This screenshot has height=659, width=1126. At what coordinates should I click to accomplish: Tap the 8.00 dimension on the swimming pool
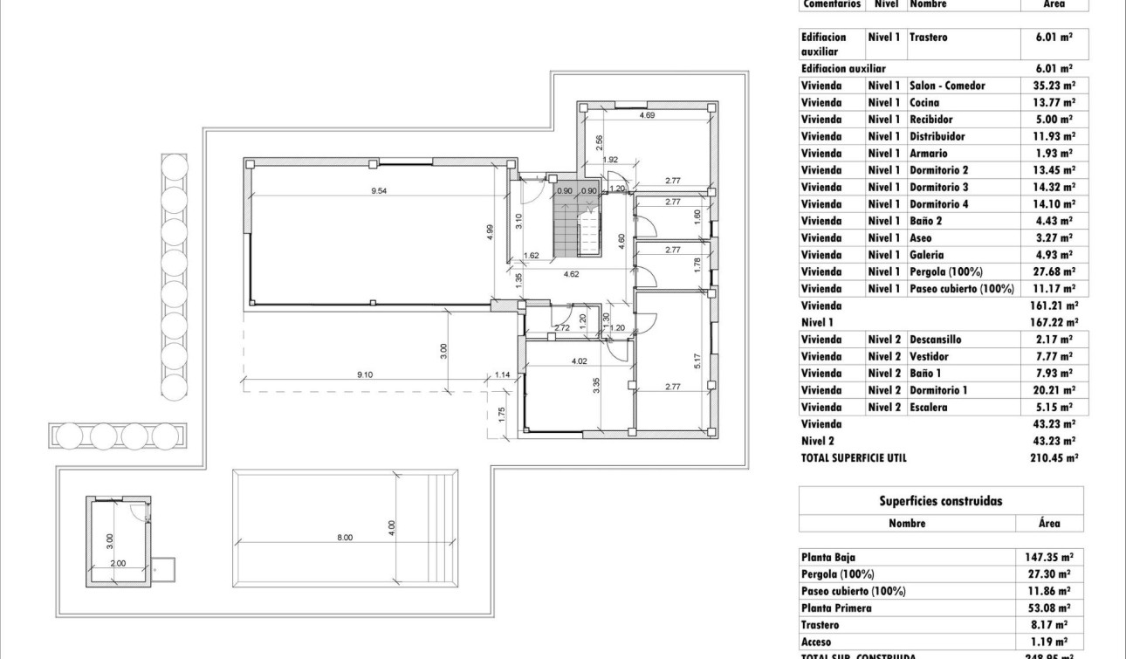click(x=345, y=538)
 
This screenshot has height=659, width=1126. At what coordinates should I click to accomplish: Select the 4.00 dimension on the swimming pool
click(x=393, y=527)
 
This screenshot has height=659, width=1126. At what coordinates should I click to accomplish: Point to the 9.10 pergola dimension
click(x=365, y=374)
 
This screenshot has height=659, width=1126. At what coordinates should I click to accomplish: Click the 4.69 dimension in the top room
click(x=647, y=115)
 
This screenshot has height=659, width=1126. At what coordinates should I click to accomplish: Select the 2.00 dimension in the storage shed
click(x=118, y=563)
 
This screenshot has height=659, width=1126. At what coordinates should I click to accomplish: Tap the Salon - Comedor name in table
click(x=947, y=86)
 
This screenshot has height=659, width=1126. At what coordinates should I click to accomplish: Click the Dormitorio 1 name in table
click(x=938, y=390)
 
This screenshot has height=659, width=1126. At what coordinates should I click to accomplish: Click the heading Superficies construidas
click(x=941, y=501)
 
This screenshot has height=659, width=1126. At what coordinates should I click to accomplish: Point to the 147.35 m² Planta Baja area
click(x=1048, y=557)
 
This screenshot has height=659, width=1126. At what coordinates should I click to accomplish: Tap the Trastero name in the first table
click(x=928, y=38)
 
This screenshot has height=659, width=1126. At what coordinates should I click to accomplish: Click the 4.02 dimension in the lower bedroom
click(x=579, y=360)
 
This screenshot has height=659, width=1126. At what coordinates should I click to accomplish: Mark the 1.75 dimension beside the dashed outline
click(x=502, y=415)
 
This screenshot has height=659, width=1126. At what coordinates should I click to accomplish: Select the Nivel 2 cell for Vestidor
click(x=883, y=356)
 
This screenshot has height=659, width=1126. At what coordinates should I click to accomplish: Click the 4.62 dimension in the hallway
click(x=572, y=273)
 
